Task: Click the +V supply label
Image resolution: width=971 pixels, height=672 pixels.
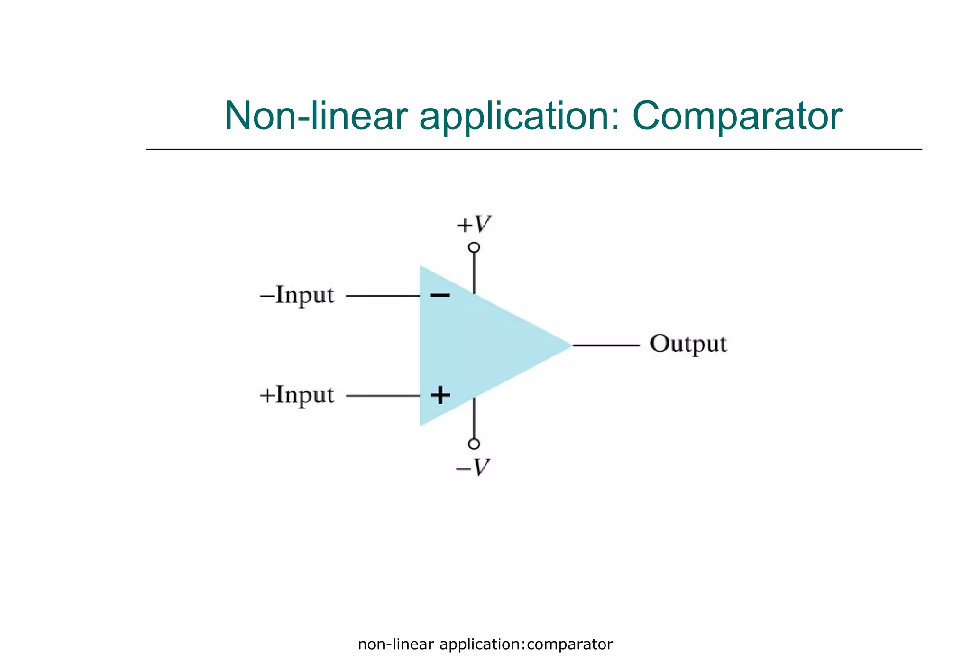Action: point(474,224)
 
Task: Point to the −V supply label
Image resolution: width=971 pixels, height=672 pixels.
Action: point(473,467)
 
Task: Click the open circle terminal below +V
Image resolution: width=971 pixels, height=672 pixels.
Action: point(474,247)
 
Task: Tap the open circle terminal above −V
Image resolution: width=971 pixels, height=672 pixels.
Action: point(474,444)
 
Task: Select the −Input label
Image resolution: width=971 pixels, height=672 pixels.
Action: point(297,295)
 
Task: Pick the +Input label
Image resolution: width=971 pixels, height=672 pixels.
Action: point(297,395)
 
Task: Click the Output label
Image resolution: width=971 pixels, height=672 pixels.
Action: point(688,345)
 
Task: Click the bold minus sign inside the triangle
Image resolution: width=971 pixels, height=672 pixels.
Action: point(440,295)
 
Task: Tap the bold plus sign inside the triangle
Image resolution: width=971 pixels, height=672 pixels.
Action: point(440,395)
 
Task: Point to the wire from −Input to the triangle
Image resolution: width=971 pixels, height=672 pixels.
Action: point(383,296)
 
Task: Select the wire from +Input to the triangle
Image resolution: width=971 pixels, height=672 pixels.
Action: point(383,396)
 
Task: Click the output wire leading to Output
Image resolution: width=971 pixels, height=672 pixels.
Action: point(606,345)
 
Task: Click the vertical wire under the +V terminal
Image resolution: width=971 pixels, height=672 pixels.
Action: point(474,272)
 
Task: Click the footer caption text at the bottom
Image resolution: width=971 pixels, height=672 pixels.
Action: point(485,645)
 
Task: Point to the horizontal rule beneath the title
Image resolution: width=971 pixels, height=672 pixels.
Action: point(533,149)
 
